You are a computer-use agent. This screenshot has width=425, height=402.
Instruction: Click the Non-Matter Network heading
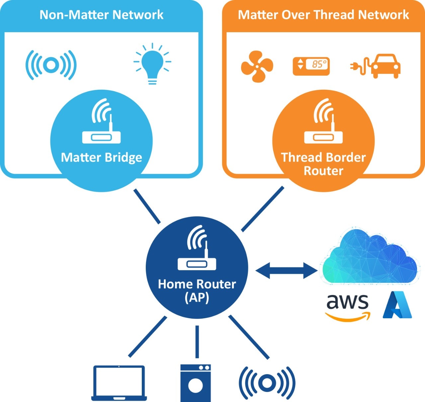click(101, 15)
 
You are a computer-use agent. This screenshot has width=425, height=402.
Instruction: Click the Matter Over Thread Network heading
click(323, 15)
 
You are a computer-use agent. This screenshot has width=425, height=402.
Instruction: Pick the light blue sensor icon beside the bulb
click(51, 65)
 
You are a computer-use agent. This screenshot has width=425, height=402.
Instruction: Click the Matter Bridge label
click(101, 157)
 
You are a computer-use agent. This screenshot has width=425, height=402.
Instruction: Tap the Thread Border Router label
click(323, 164)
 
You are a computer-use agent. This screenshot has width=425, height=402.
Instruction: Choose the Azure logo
click(397, 305)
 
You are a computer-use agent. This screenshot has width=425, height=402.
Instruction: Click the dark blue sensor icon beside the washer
click(267, 383)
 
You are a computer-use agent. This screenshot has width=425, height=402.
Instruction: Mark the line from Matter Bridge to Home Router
click(147, 206)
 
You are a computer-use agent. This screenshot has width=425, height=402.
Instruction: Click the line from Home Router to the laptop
click(147, 337)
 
